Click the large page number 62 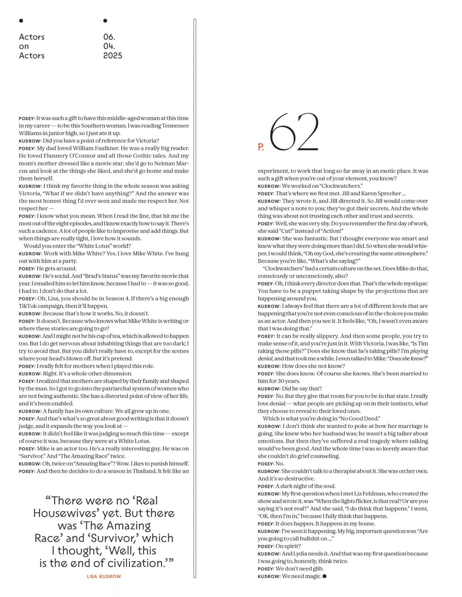coord(294,132)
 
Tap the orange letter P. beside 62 coord(261,147)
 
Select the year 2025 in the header coord(112,56)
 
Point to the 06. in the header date coord(109,37)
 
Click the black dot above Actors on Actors coord(21,21)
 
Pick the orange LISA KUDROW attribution coord(104,577)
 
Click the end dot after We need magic coord(325,576)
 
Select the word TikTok coord(28,306)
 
